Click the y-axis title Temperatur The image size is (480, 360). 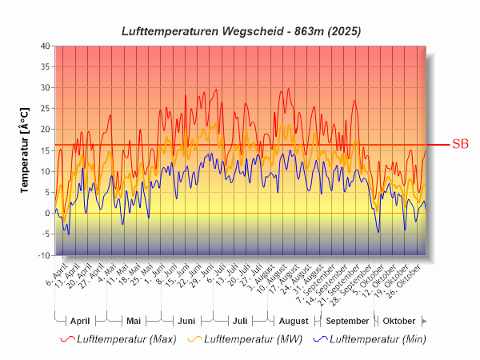point(25,150)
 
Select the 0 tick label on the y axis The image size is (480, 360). point(47,214)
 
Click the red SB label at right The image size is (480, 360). point(460,144)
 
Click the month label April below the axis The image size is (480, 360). point(80,321)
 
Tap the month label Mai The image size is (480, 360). point(134,321)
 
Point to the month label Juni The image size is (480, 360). point(186,321)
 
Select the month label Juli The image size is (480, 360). point(239,321)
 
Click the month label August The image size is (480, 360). point(293,321)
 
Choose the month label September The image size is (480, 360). point(347,321)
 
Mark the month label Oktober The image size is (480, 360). point(398,321)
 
